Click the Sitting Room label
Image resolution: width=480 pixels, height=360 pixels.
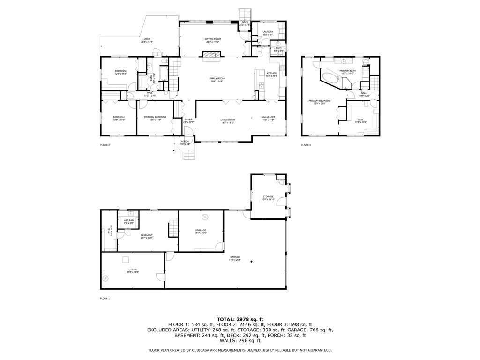(x=213, y=39)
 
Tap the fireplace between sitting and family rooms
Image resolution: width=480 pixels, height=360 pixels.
(x=211, y=55)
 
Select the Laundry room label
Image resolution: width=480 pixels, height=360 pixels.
(x=268, y=32)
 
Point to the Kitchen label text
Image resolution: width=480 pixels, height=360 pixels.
(x=272, y=73)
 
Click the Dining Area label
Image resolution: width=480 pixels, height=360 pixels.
(x=268, y=117)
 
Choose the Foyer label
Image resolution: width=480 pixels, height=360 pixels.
(x=188, y=120)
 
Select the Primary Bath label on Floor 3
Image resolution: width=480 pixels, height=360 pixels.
(x=348, y=71)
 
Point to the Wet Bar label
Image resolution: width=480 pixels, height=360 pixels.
(x=128, y=220)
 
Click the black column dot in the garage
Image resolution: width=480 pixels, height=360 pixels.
(x=252, y=261)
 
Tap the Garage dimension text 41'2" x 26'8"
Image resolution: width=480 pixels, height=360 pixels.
(x=235, y=260)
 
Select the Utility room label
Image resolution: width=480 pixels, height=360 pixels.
(x=133, y=270)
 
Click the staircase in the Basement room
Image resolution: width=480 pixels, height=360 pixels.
(x=173, y=229)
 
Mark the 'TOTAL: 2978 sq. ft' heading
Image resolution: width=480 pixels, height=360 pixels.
(x=240, y=319)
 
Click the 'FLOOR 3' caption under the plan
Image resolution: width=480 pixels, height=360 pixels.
(x=306, y=146)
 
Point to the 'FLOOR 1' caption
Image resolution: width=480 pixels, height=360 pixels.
(x=105, y=298)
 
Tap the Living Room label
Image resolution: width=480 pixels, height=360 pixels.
(x=228, y=120)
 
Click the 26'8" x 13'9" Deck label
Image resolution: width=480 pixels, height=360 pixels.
(x=147, y=42)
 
